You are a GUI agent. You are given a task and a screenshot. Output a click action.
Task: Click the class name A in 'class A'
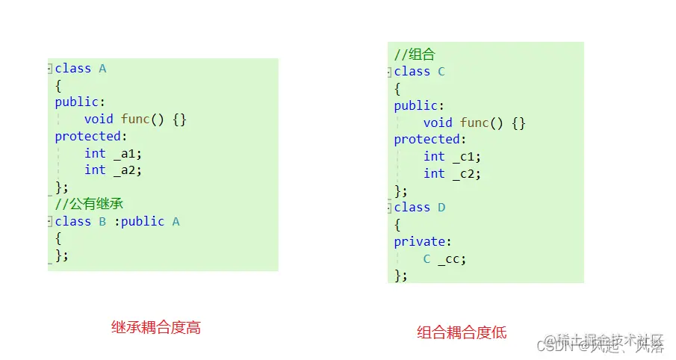pyautogui.click(x=102, y=69)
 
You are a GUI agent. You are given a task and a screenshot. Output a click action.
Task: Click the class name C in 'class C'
pyautogui.click(x=441, y=72)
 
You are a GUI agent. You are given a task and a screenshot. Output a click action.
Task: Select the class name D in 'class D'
pyautogui.click(x=441, y=207)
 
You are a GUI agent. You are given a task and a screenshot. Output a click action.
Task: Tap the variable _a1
pyautogui.click(x=127, y=153)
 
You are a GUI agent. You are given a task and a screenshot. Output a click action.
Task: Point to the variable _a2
pyautogui.click(x=127, y=170)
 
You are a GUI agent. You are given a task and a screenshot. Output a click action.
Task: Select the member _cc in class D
pyautogui.click(x=451, y=258)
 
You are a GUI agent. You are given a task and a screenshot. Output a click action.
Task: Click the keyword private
pyautogui.click(x=419, y=241)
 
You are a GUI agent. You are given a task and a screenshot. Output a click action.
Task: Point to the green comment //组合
pyautogui.click(x=415, y=55)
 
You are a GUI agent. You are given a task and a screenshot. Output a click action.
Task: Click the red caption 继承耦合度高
pyautogui.click(x=156, y=327)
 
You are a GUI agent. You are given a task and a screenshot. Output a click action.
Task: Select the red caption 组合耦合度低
pyautogui.click(x=462, y=332)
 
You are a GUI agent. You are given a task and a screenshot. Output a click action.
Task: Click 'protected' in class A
pyautogui.click(x=87, y=136)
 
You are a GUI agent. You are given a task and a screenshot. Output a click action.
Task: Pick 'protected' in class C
pyautogui.click(x=427, y=139)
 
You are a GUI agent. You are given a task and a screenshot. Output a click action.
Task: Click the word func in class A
pyautogui.click(x=135, y=119)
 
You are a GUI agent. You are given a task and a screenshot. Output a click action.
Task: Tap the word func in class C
pyautogui.click(x=474, y=122)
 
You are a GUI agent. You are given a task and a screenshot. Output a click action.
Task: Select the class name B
pyautogui.click(x=102, y=222)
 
